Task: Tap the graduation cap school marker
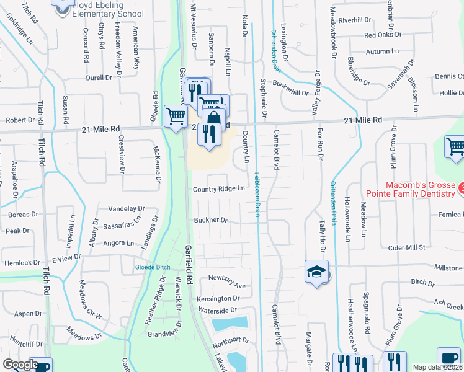[316, 272]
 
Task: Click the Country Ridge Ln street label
[219, 189]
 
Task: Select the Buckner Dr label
[211, 220]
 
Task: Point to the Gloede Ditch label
[153, 267]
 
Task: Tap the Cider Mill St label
[406, 247]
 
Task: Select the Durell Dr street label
[99, 78]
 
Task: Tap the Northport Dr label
[230, 340]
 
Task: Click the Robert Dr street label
[20, 120]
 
